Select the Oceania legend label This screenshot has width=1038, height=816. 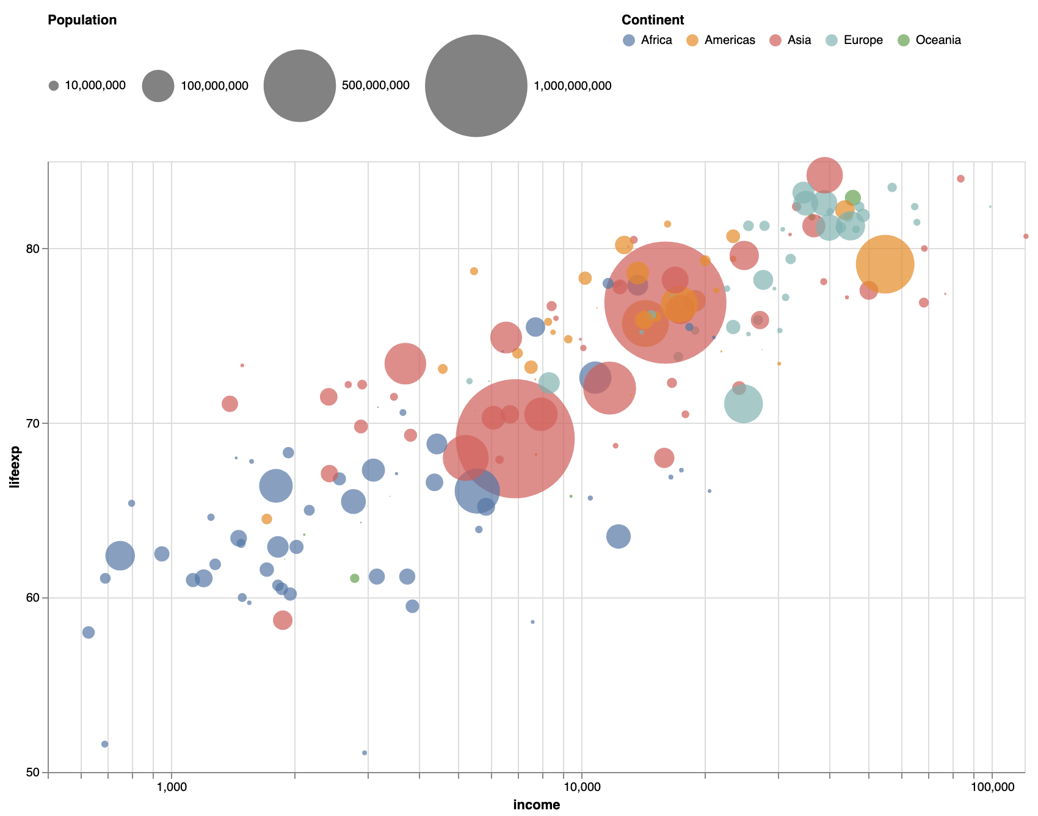[938, 40]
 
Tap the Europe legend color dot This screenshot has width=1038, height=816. [832, 40]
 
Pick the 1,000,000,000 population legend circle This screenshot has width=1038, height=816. [476, 86]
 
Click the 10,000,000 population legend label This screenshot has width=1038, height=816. [95, 86]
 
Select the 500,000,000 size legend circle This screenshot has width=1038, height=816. [299, 86]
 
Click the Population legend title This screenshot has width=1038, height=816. [82, 20]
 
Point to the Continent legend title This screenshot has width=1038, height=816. [652, 20]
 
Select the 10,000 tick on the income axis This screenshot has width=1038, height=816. [581, 787]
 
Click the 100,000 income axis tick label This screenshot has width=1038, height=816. [991, 787]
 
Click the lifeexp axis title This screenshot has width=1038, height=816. [15, 467]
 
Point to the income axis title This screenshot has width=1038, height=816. [536, 805]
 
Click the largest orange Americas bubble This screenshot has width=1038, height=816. [885, 264]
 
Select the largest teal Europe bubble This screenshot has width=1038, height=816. [742, 404]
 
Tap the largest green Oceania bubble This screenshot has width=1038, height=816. [853, 198]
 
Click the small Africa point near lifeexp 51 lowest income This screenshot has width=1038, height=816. [104, 744]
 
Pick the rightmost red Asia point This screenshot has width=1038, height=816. [1026, 236]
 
